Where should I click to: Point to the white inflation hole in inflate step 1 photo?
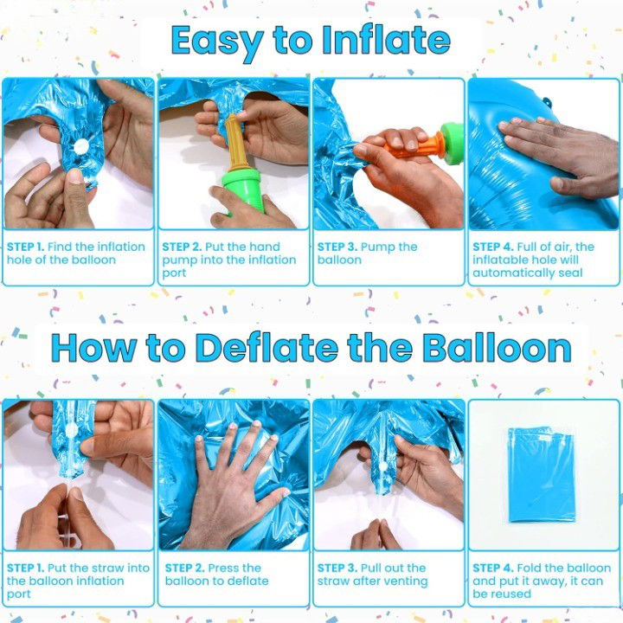tap(80, 148)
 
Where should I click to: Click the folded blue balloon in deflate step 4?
tap(543, 474)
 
